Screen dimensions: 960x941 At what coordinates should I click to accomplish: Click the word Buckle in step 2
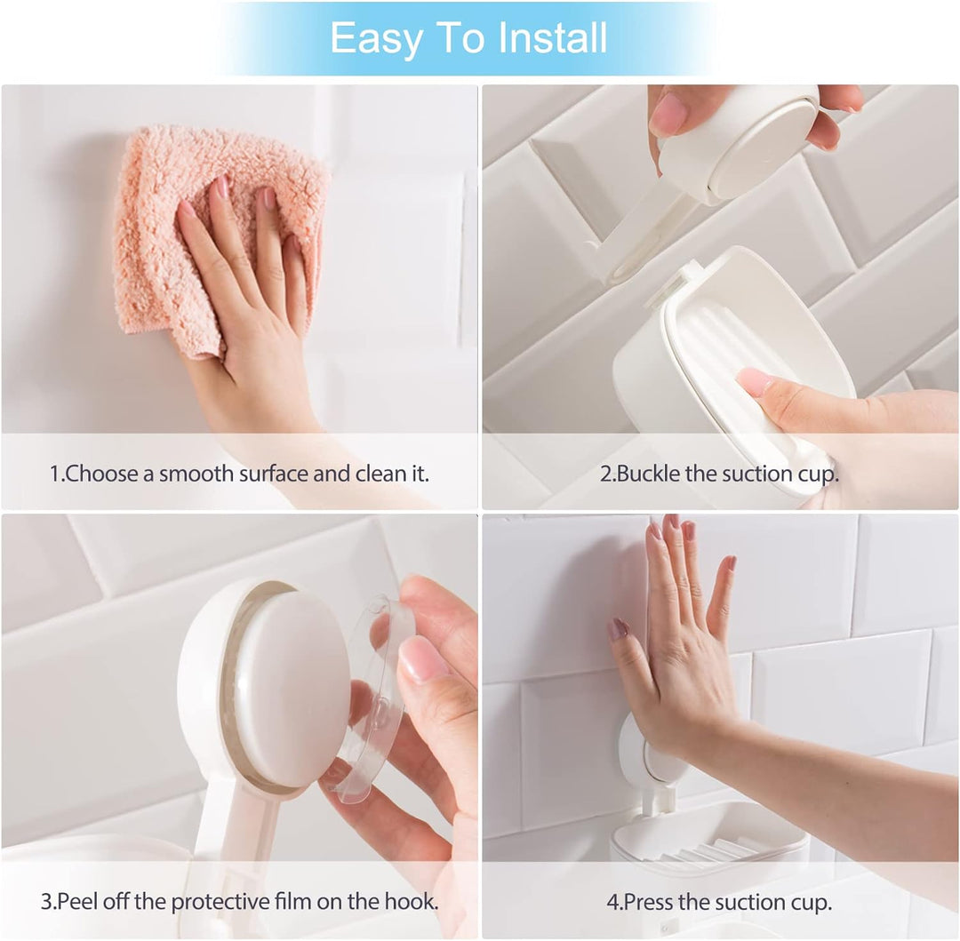(649, 474)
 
